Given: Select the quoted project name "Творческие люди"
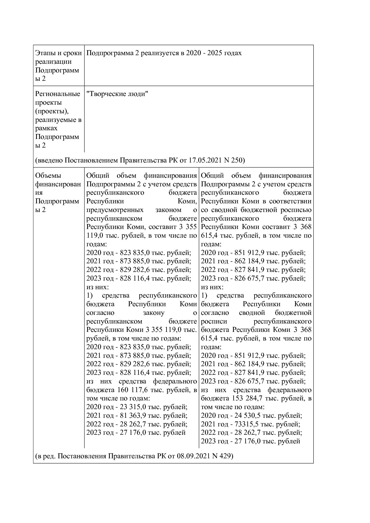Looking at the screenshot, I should [117, 94].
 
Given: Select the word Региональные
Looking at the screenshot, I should [58, 94].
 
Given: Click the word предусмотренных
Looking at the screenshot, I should [115, 210].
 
